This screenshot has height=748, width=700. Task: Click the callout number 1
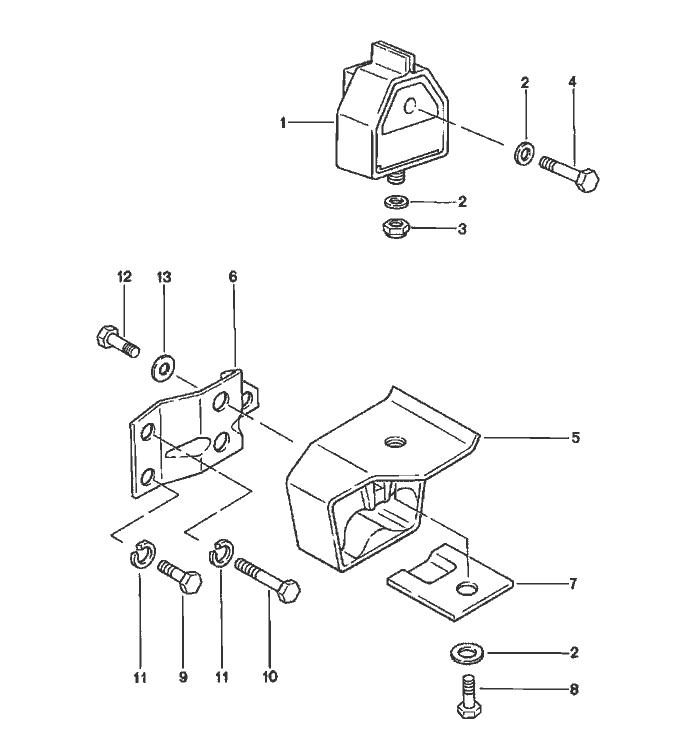coord(284,123)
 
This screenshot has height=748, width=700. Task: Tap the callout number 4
coord(573,83)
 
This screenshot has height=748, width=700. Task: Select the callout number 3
coord(462,229)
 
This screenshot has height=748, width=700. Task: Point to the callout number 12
coord(124,277)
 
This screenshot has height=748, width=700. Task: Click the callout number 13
coord(163,277)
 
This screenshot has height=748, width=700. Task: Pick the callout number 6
coord(233,277)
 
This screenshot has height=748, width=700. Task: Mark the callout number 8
coord(574,689)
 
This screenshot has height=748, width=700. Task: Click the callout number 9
coord(183,677)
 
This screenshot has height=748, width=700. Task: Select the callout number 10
coord(270,677)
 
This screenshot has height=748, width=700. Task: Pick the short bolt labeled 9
coord(181,578)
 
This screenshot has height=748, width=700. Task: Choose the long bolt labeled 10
coord(268,580)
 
